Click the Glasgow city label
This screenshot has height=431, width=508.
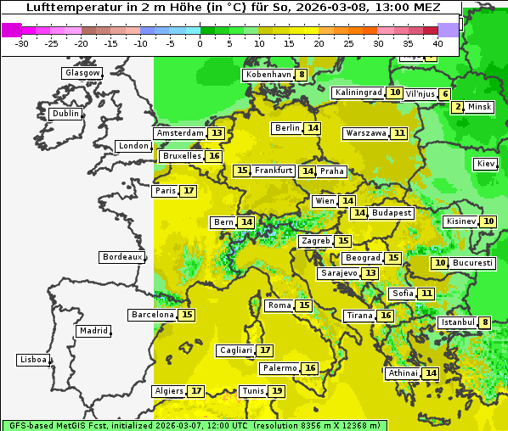[82, 73]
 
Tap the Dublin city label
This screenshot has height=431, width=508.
[65, 114]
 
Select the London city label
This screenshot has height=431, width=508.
[133, 146]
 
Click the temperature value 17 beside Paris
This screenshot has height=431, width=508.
[188, 191]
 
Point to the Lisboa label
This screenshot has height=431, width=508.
[32, 360]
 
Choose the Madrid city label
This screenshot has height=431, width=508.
[93, 331]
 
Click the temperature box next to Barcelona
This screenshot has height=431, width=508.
[187, 315]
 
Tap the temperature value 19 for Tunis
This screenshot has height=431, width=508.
[277, 391]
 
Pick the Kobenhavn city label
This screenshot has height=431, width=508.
[268, 75]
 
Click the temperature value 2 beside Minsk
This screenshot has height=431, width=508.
[458, 107]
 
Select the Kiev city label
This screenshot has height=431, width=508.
[486, 164]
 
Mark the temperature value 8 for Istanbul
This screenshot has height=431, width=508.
[484, 322]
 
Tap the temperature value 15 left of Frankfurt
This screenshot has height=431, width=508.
[242, 171]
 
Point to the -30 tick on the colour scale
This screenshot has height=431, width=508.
[22, 42]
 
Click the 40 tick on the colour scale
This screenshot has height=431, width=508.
[437, 42]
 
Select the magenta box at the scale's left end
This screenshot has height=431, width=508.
[12, 30]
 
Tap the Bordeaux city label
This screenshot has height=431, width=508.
[122, 257]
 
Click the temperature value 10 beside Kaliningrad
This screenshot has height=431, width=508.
[395, 92]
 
